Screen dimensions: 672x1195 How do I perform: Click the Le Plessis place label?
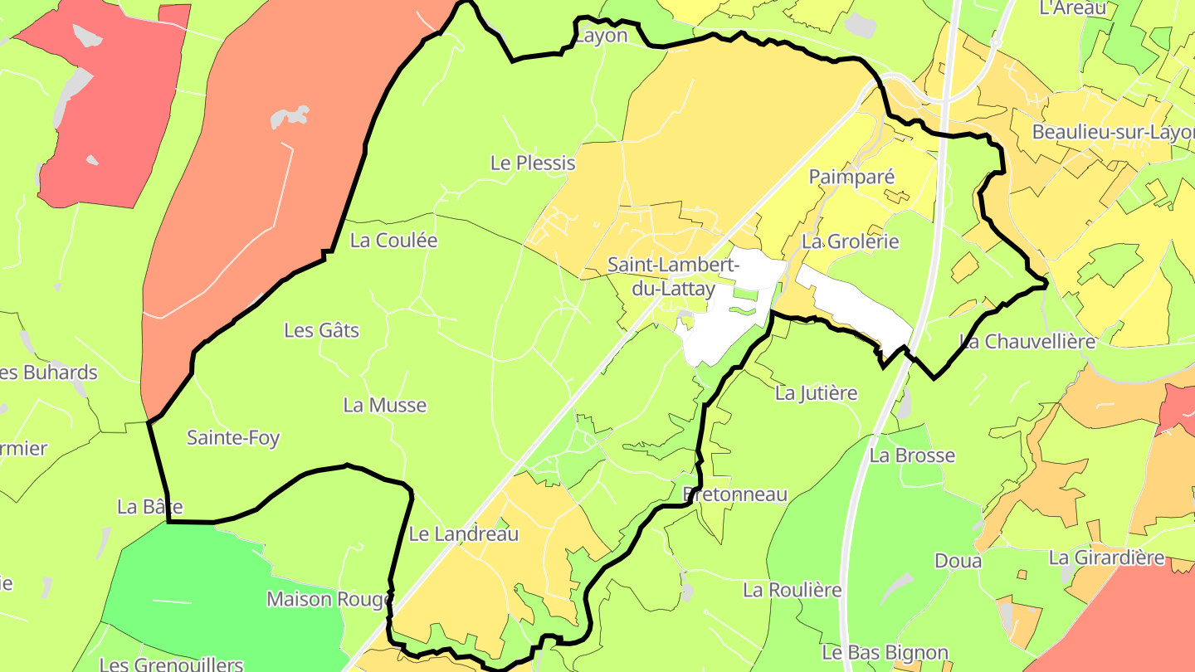tap(533, 163)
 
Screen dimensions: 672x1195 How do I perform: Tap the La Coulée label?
tap(393, 241)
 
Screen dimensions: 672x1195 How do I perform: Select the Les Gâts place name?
tap(322, 330)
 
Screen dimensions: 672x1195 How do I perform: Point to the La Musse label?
tap(385, 405)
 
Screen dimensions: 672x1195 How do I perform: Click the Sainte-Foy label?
tap(233, 437)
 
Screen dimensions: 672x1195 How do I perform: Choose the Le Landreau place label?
tap(464, 533)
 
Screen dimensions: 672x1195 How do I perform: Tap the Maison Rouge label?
tap(329, 598)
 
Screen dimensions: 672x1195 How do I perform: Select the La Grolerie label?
tap(851, 241)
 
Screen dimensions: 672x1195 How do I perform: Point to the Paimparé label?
tap(851, 176)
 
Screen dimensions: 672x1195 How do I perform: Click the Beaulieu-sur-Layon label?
tap(1112, 133)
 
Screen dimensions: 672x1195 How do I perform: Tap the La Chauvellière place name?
tap(1027, 341)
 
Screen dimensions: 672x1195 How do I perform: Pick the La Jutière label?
tap(816, 392)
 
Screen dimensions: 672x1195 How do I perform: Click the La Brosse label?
tap(912, 455)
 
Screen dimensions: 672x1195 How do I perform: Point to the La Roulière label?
tap(793, 590)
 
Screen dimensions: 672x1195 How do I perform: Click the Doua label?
tap(958, 560)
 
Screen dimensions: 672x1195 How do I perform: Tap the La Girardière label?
tap(1106, 558)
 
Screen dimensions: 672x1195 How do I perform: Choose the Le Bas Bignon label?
tap(885, 652)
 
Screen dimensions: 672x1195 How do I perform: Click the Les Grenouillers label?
tap(171, 664)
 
